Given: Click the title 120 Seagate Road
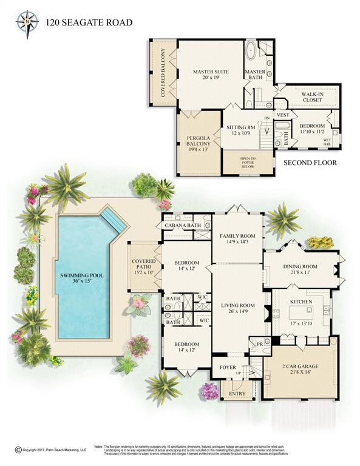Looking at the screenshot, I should pyautogui.click(x=89, y=23).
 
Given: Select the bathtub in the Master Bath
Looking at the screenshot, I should pyautogui.click(x=251, y=50).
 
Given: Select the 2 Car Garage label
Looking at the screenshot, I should pyautogui.click(x=301, y=366).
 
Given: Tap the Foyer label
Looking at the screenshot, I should pyautogui.click(x=228, y=367).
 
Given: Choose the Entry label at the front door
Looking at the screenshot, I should pyautogui.click(x=230, y=394).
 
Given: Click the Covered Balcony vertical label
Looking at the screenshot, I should pyautogui.click(x=162, y=72).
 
